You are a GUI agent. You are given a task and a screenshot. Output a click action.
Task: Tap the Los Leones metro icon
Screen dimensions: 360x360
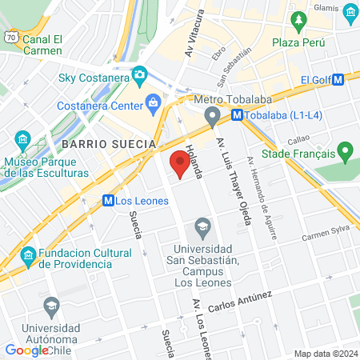(x=108, y=201)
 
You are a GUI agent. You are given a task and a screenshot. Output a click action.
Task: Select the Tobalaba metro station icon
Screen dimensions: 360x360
(x=237, y=114)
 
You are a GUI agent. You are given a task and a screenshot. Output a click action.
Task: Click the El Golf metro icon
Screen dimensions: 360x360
(x=338, y=79)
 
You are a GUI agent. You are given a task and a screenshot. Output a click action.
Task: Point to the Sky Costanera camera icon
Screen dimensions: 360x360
(x=139, y=74)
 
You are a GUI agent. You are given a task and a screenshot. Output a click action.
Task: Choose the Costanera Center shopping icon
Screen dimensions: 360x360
(x=152, y=102)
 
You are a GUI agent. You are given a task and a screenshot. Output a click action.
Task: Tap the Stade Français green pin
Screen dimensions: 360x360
(x=345, y=150)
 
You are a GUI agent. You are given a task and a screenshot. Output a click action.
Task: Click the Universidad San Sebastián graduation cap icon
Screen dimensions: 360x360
(x=203, y=227)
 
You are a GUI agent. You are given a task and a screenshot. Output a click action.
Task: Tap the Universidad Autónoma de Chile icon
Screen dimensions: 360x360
(x=51, y=305)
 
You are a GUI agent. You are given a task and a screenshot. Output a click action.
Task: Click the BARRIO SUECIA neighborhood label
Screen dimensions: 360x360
(x=107, y=143)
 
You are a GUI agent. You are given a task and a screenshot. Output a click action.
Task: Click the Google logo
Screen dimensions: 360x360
(x=26, y=350)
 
